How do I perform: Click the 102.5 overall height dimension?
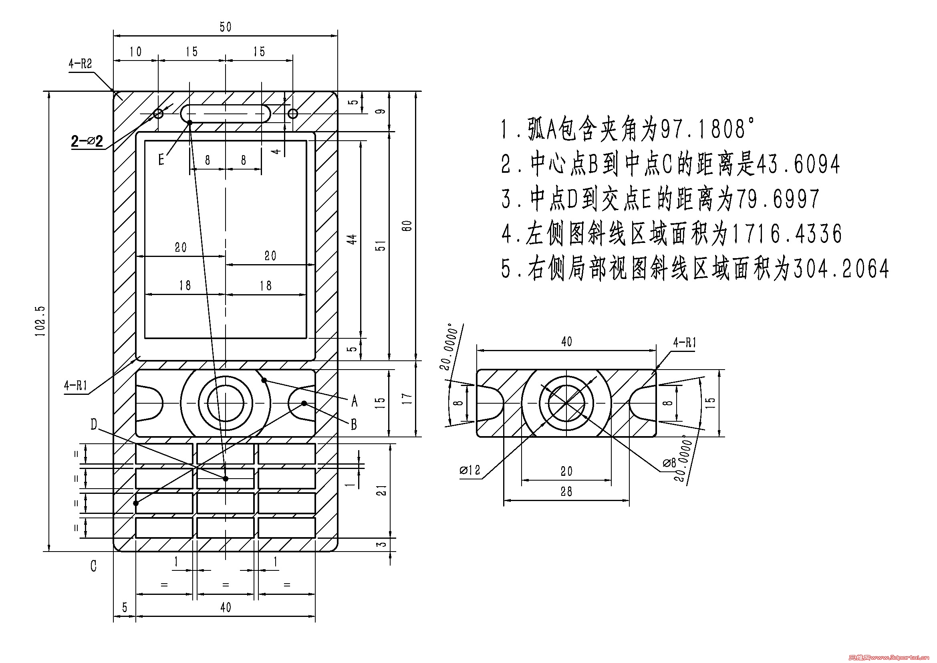click(x=40, y=321)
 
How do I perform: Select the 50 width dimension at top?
click(x=225, y=27)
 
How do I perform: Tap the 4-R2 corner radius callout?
click(x=81, y=64)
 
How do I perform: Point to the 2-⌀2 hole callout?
click(x=87, y=141)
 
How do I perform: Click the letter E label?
click(x=161, y=160)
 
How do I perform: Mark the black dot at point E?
click(x=190, y=122)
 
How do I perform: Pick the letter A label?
click(x=354, y=401)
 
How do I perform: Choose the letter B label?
click(x=354, y=424)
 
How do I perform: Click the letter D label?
click(x=94, y=424)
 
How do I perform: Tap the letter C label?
click(x=93, y=566)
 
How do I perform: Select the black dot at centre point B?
click(x=304, y=403)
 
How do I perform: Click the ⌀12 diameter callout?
click(x=470, y=470)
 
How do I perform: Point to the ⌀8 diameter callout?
click(x=669, y=463)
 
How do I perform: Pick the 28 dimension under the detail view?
click(x=566, y=491)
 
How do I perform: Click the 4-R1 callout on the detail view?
click(x=684, y=342)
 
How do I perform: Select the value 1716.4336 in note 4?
click(x=786, y=234)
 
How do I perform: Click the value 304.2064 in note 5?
click(x=841, y=269)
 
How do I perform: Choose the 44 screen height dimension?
click(x=352, y=239)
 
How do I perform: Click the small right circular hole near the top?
click(x=293, y=113)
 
